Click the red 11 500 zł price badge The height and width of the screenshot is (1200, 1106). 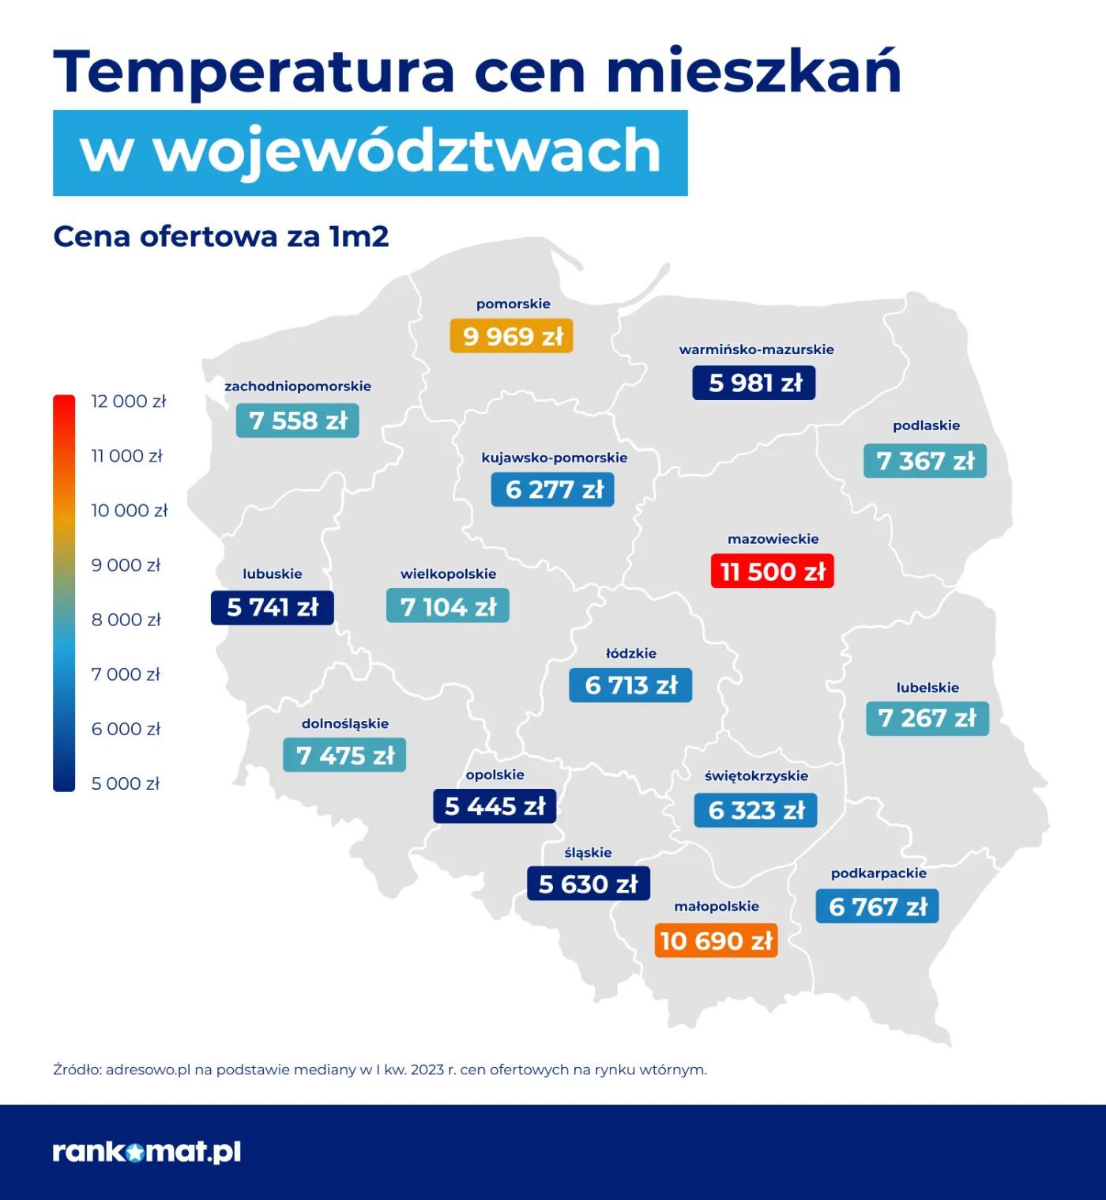click(x=772, y=572)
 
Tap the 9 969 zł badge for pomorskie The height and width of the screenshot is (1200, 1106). click(x=512, y=336)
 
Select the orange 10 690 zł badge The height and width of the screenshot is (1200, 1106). click(x=716, y=941)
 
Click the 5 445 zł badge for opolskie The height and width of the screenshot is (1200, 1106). click(x=495, y=806)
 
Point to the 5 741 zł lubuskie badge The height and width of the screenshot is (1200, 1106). click(x=273, y=607)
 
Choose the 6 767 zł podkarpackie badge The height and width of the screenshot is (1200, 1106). click(x=877, y=907)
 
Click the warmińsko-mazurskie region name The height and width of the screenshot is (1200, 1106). click(x=756, y=349)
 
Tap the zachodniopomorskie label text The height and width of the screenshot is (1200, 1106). click(x=298, y=386)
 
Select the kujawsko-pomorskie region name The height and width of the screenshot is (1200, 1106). click(x=554, y=458)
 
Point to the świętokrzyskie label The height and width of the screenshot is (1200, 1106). click(x=756, y=775)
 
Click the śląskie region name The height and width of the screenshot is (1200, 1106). click(x=588, y=852)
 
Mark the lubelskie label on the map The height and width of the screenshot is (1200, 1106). click(x=927, y=688)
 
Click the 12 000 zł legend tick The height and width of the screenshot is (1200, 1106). click(x=128, y=402)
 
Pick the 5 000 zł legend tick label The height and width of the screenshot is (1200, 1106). click(x=125, y=783)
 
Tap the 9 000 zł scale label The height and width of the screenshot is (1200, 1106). click(x=126, y=565)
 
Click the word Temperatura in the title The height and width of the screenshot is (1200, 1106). click(x=254, y=71)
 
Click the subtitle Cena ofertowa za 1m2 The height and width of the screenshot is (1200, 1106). click(x=221, y=236)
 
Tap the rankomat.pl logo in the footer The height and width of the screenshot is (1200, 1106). click(x=147, y=1152)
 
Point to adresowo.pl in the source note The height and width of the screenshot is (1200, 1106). click(x=149, y=1070)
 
